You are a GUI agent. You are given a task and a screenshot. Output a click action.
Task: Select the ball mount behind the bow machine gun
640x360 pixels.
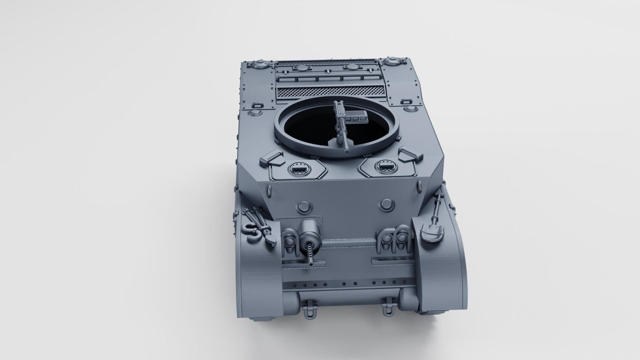coord(307,229)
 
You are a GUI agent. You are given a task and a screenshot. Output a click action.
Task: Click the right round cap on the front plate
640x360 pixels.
coord(387,204)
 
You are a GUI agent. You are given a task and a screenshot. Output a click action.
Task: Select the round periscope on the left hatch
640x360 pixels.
coord(298,168)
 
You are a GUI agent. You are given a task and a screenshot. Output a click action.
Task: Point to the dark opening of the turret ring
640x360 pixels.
coord(310,128)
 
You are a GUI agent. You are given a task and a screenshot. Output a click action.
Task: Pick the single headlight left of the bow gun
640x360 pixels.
coord(288,242)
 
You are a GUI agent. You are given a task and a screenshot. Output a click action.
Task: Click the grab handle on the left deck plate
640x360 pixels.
coord(257,106)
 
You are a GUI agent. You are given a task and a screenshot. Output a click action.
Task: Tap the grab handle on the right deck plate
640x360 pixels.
coord(407,102)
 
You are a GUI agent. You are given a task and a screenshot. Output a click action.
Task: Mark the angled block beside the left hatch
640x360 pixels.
coord(272,157)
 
